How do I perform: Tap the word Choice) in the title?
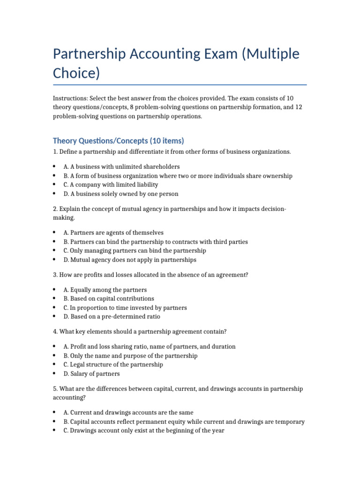(76, 74)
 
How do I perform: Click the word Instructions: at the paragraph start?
(69, 98)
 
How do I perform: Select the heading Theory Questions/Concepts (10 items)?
(119, 141)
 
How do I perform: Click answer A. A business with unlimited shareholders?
(121, 167)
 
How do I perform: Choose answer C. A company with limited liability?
(111, 185)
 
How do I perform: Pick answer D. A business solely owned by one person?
(121, 194)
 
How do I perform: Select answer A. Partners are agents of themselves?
(113, 232)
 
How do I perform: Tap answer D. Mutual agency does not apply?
(130, 260)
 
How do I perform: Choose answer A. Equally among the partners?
(105, 290)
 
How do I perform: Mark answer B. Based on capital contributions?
(109, 299)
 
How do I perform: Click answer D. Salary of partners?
(91, 374)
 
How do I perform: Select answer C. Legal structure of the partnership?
(113, 365)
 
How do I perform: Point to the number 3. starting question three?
(55, 275)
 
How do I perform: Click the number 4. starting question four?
(55, 331)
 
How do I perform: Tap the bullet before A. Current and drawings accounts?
(55, 412)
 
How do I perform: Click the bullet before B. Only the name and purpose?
(55, 356)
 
